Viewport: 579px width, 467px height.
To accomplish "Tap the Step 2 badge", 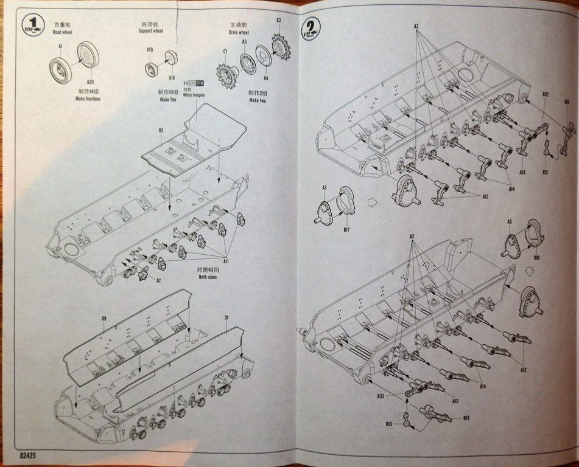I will coord(311,27).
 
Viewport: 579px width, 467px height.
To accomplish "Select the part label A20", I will coord(90,82).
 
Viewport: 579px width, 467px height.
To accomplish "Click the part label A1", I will coord(60,47).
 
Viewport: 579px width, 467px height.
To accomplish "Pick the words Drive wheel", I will coord(239,32).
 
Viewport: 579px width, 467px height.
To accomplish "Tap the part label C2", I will coord(278,21).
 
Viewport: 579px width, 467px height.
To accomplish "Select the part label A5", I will coord(244,41).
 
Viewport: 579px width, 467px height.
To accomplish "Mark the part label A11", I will coord(225,261).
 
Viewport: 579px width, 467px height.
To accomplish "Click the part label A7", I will coord(158,281).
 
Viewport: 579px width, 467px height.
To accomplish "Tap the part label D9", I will coord(104,319).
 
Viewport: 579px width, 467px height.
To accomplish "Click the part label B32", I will coord(546,94).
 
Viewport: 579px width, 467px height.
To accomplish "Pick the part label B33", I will coord(380,396).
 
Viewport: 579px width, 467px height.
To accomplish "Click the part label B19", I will coord(466,418).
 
